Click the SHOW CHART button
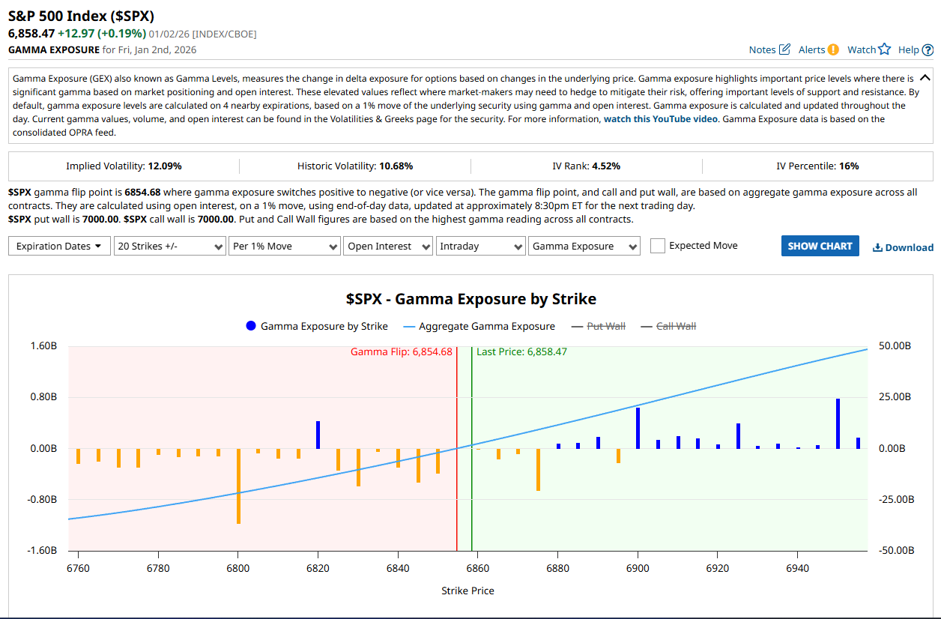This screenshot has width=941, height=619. point(820,246)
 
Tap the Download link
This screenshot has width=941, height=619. point(903,247)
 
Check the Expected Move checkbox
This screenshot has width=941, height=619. point(657,246)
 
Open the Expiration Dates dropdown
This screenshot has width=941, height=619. point(59,246)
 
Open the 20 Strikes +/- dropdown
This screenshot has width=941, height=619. point(169,246)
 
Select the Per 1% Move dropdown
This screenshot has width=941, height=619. point(284,246)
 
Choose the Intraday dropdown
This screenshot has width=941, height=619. point(481,246)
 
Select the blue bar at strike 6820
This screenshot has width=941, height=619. point(318,435)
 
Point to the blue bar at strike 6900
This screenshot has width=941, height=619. point(638,428)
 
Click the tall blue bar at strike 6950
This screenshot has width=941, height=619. point(838,423)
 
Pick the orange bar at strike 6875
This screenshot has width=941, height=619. point(538,469)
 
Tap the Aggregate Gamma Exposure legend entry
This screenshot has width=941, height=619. point(479,326)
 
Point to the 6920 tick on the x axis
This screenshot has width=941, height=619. point(718,568)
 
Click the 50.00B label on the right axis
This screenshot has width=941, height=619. point(895,346)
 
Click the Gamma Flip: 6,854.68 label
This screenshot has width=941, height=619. point(402,351)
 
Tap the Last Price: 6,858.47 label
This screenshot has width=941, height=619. point(521,351)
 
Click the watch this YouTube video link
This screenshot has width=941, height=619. point(660,119)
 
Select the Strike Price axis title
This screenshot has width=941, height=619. point(468,591)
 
